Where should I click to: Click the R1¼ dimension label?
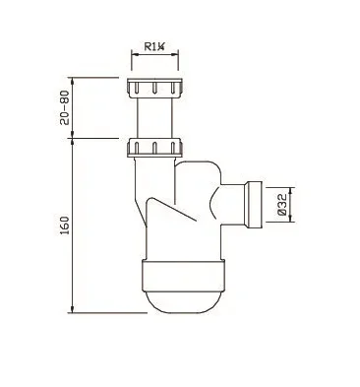(153, 46)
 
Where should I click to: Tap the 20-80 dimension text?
(65, 107)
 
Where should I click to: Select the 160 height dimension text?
(65, 226)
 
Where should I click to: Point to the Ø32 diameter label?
(282, 204)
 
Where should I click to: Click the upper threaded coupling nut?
(154, 89)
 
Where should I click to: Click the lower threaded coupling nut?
(154, 148)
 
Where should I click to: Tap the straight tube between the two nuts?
(154, 118)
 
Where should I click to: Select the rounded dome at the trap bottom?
(183, 302)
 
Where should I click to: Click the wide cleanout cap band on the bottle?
(183, 276)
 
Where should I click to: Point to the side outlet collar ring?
(254, 204)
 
